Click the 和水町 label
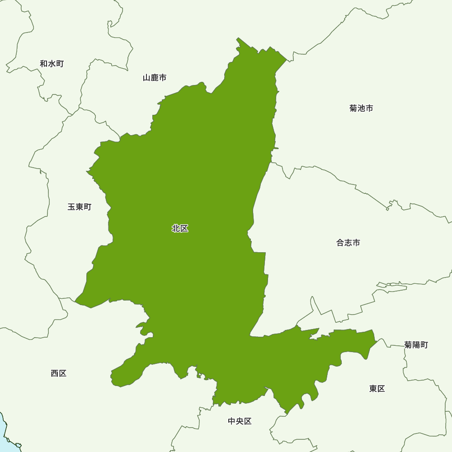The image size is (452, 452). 52,64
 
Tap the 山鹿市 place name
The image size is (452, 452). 155,78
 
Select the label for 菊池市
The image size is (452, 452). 361,108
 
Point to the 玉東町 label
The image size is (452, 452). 80,207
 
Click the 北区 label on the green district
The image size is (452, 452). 180,229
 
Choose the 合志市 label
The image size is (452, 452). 348,243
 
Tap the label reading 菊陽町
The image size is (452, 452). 416,345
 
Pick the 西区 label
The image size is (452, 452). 59,373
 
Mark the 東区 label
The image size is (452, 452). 377,389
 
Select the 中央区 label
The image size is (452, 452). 240,421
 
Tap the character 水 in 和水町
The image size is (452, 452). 52,64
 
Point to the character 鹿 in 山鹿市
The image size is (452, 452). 155,78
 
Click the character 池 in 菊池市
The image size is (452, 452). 361,108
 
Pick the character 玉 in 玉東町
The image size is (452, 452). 72,207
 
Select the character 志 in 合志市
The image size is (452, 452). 348,243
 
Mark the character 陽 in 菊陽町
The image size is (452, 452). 416,345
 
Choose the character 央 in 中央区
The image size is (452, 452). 240,421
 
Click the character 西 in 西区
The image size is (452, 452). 55,373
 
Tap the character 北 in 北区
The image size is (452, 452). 176,229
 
